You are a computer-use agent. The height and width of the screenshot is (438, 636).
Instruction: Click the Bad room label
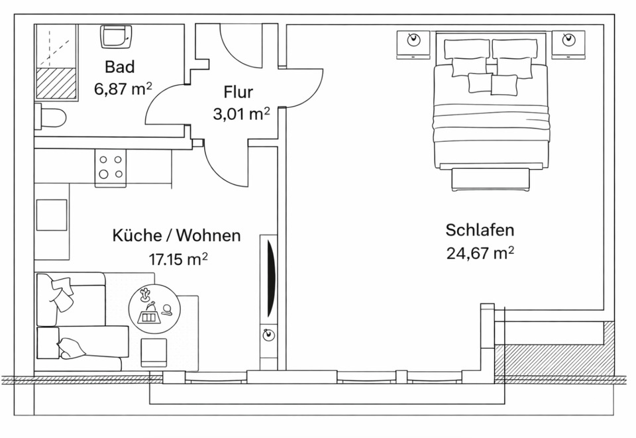(x=119, y=67)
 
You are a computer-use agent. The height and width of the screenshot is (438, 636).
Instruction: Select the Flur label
(x=238, y=92)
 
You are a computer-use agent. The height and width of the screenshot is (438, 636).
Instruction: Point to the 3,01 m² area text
(x=240, y=114)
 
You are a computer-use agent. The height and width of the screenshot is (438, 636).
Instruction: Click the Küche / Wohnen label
(x=176, y=236)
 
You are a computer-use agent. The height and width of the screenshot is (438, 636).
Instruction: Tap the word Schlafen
(x=480, y=231)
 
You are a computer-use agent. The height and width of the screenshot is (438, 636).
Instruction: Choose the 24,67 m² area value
(x=480, y=253)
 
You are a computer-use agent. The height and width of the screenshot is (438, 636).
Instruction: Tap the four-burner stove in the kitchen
(x=111, y=166)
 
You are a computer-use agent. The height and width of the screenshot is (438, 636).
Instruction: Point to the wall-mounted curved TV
(x=269, y=278)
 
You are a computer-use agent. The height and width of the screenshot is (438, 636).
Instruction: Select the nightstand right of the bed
(x=568, y=44)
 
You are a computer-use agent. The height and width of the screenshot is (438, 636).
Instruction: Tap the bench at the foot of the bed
(x=491, y=180)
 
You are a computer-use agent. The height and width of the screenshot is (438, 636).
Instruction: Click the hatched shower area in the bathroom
(x=56, y=83)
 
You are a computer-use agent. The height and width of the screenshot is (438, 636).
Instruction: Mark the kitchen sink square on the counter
(x=51, y=215)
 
